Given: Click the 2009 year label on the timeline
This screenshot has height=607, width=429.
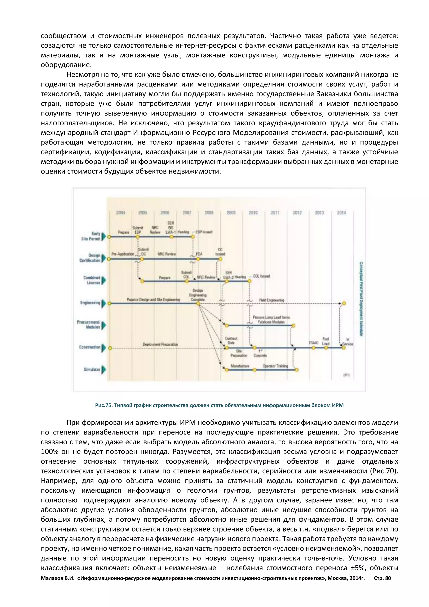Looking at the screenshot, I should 231,213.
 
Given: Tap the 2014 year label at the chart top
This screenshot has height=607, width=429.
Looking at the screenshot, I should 341,213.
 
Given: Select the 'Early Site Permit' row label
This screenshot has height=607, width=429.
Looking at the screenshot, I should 91,236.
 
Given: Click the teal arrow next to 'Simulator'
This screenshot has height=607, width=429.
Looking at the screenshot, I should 103,369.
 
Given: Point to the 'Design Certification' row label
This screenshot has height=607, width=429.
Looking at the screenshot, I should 90,258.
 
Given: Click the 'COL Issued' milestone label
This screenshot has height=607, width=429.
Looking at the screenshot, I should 261,276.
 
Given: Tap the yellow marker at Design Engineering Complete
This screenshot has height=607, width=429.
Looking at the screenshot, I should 198,303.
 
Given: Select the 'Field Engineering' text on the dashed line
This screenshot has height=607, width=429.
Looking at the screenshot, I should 271,300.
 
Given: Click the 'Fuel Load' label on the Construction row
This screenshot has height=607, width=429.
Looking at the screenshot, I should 326,341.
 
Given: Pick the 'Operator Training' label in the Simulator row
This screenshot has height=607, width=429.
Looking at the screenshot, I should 275,366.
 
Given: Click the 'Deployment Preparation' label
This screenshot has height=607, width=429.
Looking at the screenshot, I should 160,344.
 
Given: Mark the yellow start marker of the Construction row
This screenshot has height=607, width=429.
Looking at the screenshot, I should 110,348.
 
